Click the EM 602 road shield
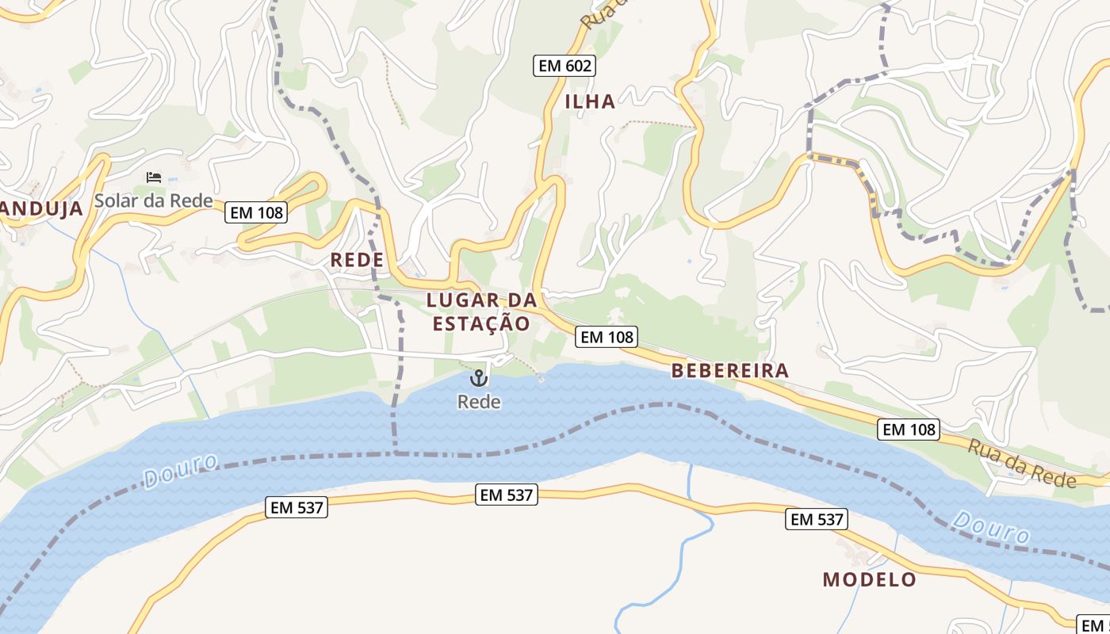coord(564,66)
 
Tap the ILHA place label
coord(590,101)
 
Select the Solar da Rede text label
coord(154,201)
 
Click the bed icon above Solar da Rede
coord(154,178)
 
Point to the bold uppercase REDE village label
coord(357,260)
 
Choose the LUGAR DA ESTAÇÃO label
coord(481,311)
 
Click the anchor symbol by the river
coord(478,378)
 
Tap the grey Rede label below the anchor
coord(479,403)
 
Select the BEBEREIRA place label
coord(730,370)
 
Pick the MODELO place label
coord(869,579)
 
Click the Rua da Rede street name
coord(1022,463)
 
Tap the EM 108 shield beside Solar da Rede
coord(255,212)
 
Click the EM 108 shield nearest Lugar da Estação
coord(607,337)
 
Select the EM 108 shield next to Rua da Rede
coord(909,430)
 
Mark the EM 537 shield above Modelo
coord(817,520)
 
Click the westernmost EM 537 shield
coord(297,508)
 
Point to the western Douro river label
coord(181,471)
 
